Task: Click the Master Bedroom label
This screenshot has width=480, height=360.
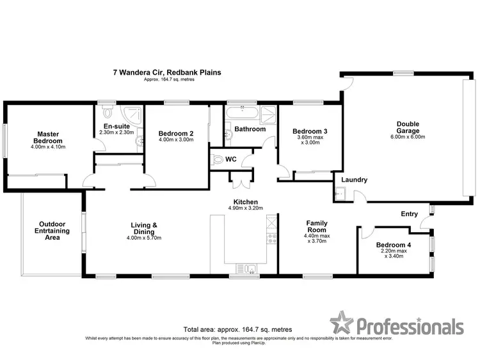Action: pyautogui.click(x=47, y=137)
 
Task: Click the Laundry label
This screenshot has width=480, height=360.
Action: pyautogui.click(x=354, y=180)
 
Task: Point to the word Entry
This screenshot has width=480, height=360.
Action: pyautogui.click(x=410, y=214)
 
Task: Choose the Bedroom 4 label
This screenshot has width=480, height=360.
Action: pyautogui.click(x=394, y=245)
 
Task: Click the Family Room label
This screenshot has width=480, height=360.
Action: pyautogui.click(x=317, y=226)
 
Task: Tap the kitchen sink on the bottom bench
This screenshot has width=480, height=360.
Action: pyautogui.click(x=246, y=268)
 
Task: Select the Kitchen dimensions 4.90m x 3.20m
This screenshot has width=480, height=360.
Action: pyautogui.click(x=246, y=208)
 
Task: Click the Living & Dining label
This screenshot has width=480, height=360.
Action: pyautogui.click(x=145, y=229)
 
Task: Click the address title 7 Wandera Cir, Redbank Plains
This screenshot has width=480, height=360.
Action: pyautogui.click(x=167, y=72)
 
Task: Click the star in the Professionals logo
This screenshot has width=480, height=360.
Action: pyautogui.click(x=342, y=324)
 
